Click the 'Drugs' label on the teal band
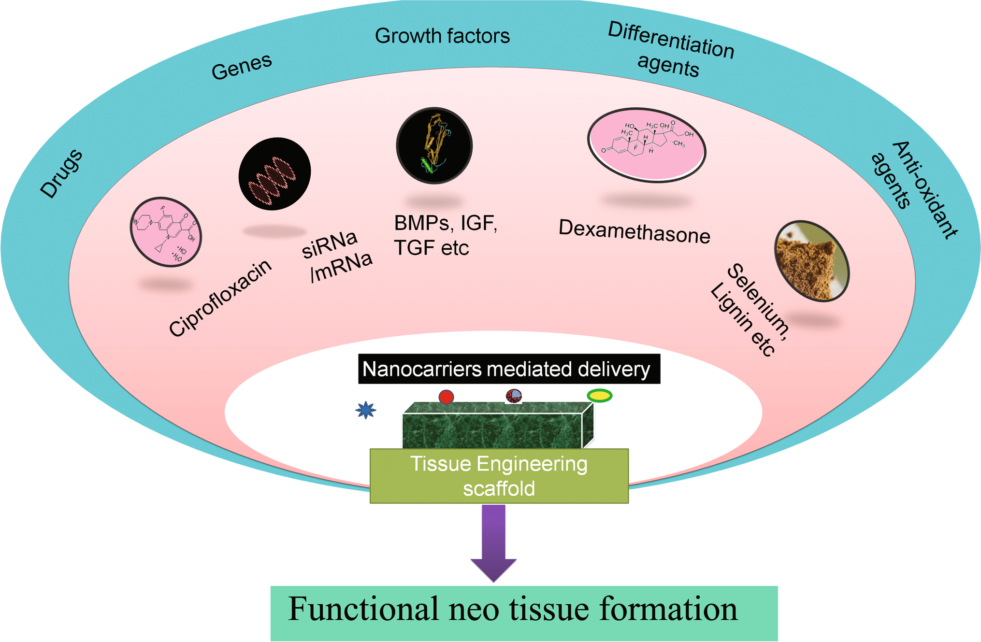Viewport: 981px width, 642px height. [x=61, y=174]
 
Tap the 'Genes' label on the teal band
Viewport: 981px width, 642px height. [x=242, y=66]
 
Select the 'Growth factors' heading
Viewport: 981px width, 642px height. [x=442, y=36]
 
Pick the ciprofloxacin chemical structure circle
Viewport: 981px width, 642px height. [x=166, y=232]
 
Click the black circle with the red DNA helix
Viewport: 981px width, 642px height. [x=274, y=173]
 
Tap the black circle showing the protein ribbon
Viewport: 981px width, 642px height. [x=434, y=145]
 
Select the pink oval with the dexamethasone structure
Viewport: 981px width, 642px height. [x=647, y=145]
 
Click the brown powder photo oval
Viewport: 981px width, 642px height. [x=811, y=261]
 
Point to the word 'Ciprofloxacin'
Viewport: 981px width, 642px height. [x=220, y=299]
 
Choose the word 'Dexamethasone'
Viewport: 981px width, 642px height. [x=635, y=232]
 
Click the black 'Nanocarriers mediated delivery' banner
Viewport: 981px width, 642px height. [x=509, y=369]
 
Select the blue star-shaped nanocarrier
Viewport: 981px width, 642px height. [x=366, y=410]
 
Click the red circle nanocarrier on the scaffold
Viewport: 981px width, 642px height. [x=446, y=397]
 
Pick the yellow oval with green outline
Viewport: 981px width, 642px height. [x=600, y=396]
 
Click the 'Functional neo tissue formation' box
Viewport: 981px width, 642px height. [x=524, y=613]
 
